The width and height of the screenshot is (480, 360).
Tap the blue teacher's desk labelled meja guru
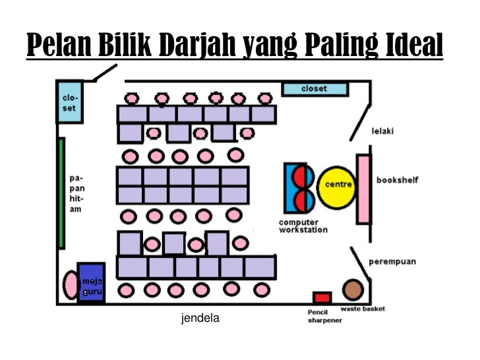point(90,282)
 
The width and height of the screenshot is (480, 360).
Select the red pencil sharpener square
point(322,297)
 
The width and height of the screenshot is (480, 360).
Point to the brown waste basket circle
point(353,289)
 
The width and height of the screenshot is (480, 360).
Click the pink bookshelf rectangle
point(363,189)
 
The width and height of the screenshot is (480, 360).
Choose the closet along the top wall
point(315,88)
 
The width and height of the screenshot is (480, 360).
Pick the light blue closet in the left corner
point(69,102)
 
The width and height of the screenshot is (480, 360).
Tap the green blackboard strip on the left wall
point(61,192)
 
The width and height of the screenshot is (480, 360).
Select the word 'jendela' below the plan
point(200,319)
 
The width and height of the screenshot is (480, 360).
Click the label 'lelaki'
point(382,131)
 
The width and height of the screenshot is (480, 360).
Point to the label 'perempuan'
point(392,261)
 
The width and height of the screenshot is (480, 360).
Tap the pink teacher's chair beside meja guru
point(71,284)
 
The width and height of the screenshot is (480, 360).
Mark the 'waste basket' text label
point(363,309)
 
